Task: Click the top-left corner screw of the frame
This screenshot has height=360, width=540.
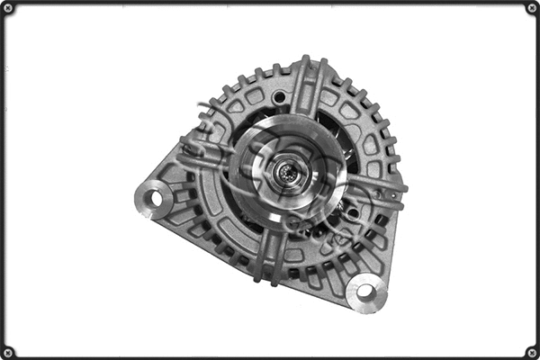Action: pyautogui.click(x=8, y=8)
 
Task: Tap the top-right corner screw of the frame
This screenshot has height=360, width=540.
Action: pyautogui.click(x=531, y=8)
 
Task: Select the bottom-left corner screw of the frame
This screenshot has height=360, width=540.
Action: pyautogui.click(x=8, y=351)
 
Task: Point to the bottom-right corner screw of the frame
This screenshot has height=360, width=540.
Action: pyautogui.click(x=531, y=351)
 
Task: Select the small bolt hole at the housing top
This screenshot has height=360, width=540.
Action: pyautogui.click(x=280, y=97)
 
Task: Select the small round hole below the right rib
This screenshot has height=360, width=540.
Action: pyautogui.click(x=352, y=213)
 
